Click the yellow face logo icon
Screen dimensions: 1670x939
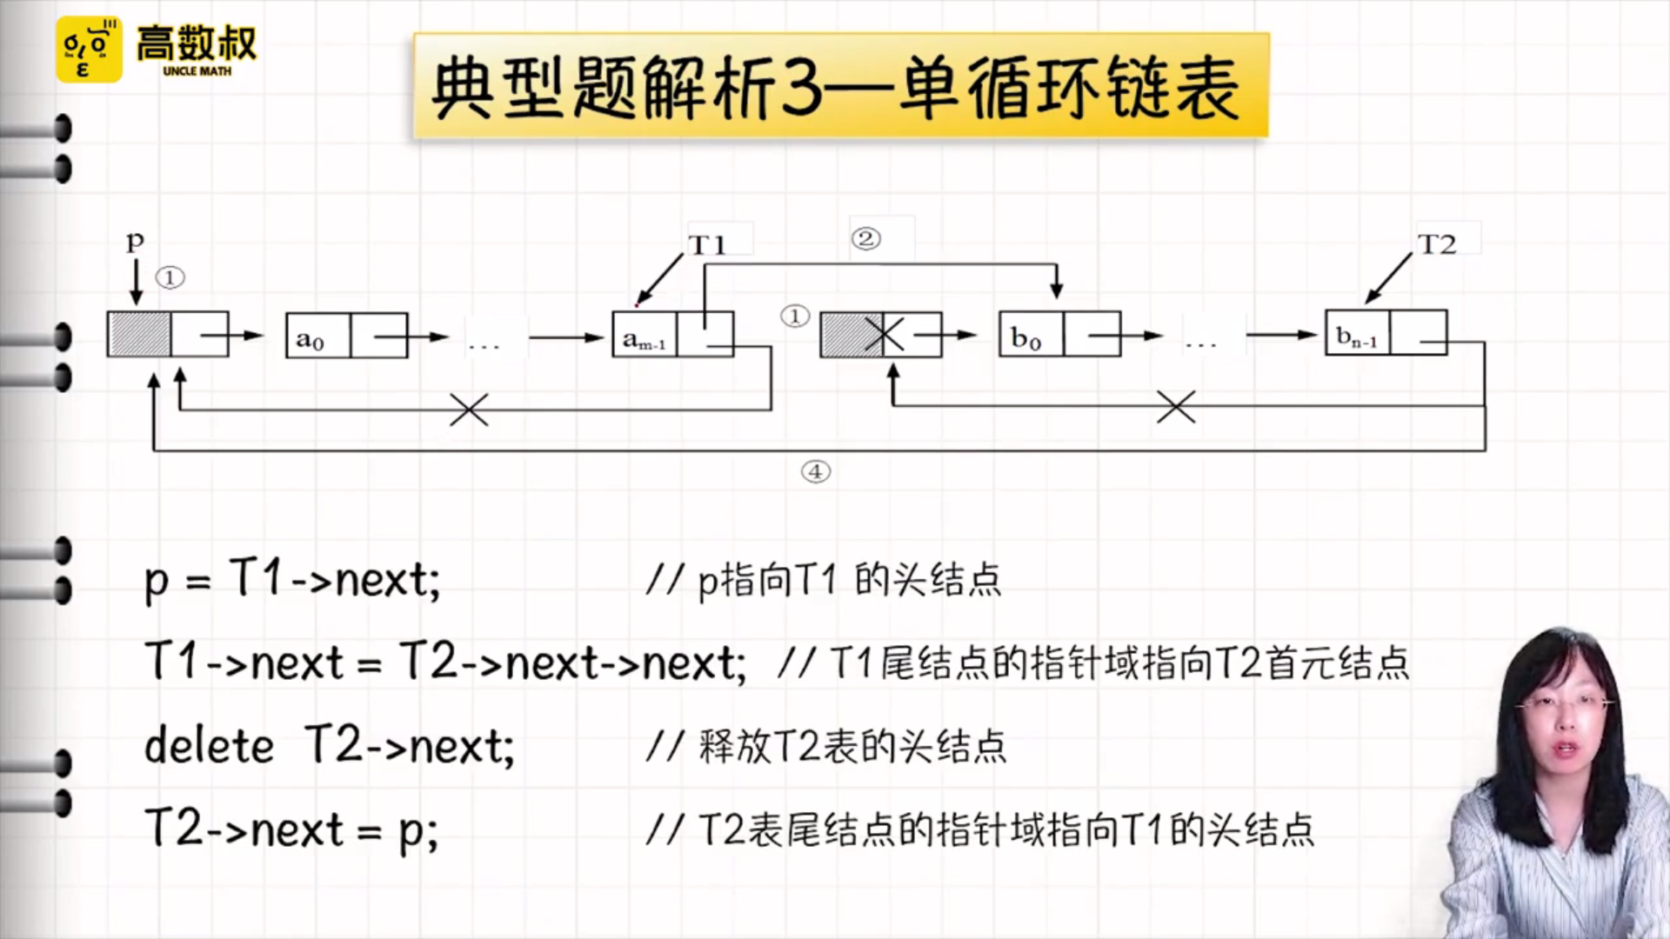89,50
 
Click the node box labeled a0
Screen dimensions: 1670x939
317,336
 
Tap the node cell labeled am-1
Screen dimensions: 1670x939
645,336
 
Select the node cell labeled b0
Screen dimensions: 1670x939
1031,335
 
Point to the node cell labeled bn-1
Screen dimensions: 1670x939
1357,333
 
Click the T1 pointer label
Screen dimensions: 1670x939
707,245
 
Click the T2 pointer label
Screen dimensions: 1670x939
1436,244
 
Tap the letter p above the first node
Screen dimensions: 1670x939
135,240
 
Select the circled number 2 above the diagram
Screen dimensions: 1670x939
865,238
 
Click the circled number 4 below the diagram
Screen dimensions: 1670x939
816,471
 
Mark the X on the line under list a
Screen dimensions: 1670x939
469,410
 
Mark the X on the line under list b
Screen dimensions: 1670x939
1176,406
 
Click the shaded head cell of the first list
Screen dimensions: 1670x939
139,335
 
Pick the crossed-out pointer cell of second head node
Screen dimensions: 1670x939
885,335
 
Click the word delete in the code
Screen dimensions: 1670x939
209,746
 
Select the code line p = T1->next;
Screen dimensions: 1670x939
292,579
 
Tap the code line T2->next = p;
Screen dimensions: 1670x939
292,829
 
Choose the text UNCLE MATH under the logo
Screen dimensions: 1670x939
197,71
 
